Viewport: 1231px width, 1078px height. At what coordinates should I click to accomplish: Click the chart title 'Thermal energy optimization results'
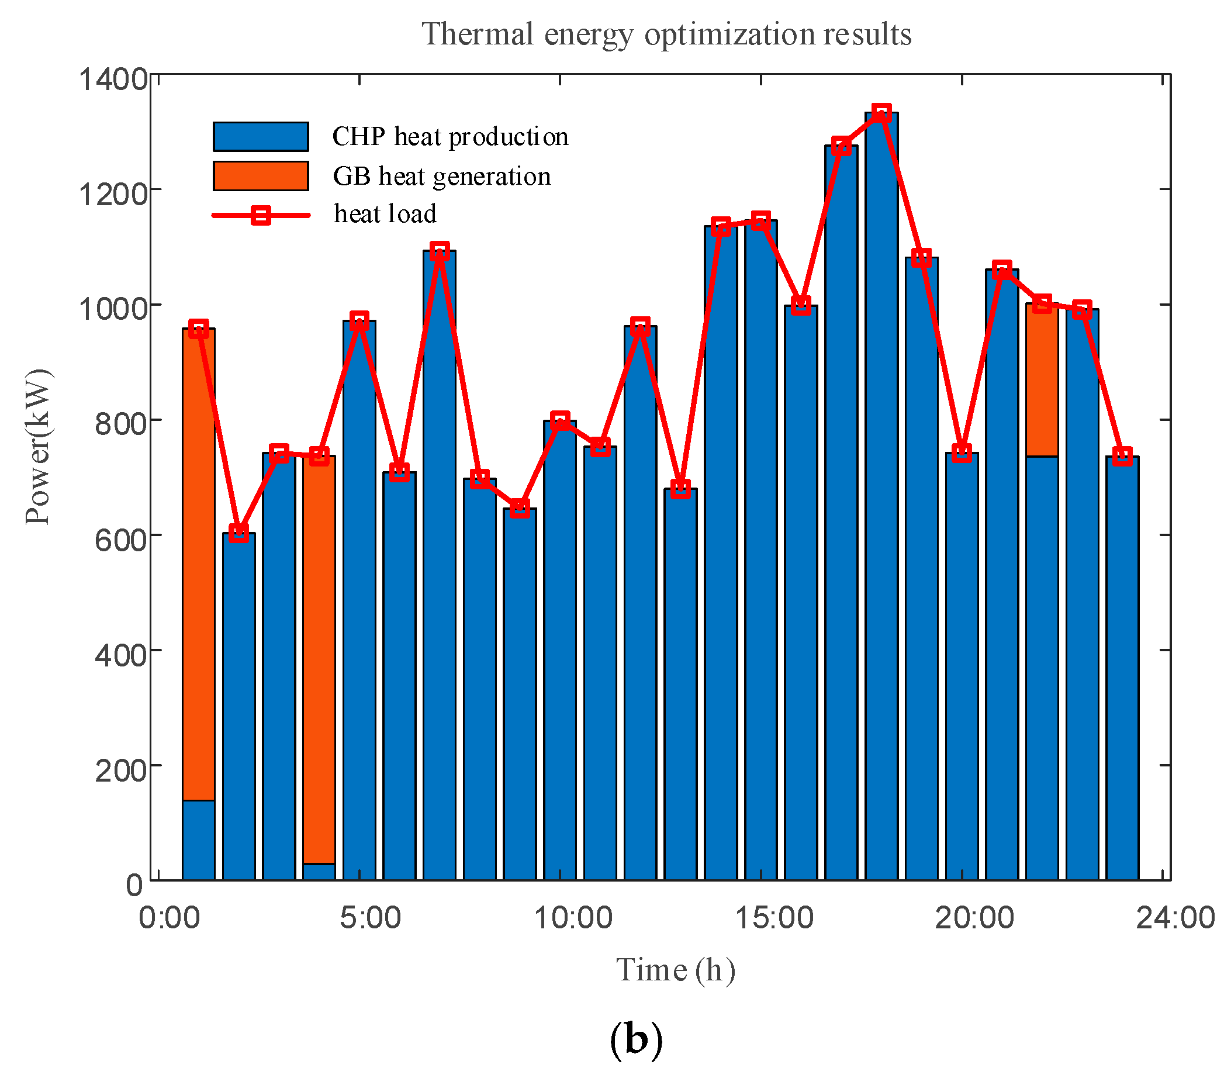pyautogui.click(x=666, y=34)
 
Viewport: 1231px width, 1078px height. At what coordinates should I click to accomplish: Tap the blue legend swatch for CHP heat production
pyautogui.click(x=260, y=137)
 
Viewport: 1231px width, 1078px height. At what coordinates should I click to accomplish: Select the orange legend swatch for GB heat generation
pyautogui.click(x=260, y=175)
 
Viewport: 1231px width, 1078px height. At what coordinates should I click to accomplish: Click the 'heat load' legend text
pyautogui.click(x=385, y=214)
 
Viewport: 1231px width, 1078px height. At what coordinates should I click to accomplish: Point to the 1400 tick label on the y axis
pyautogui.click(x=113, y=80)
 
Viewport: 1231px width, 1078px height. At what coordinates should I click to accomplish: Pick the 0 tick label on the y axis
pyautogui.click(x=134, y=886)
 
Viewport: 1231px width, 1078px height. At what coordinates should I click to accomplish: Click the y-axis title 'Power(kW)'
pyautogui.click(x=39, y=447)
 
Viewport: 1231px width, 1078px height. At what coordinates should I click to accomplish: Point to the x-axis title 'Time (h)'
pyautogui.click(x=675, y=970)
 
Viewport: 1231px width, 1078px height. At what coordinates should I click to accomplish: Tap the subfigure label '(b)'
pyautogui.click(x=635, y=1039)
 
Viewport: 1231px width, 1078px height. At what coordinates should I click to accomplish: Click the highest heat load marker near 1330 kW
pyautogui.click(x=881, y=112)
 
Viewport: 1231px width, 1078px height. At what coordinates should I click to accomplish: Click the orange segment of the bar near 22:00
pyautogui.click(x=1042, y=380)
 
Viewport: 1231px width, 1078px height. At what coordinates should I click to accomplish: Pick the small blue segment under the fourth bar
pyautogui.click(x=319, y=872)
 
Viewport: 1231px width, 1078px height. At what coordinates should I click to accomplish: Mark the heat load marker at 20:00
pyautogui.click(x=962, y=452)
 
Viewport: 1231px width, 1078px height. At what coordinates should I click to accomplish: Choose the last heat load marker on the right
pyautogui.click(x=1122, y=455)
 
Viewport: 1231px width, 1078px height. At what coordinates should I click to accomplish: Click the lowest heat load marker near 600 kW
pyautogui.click(x=238, y=533)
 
